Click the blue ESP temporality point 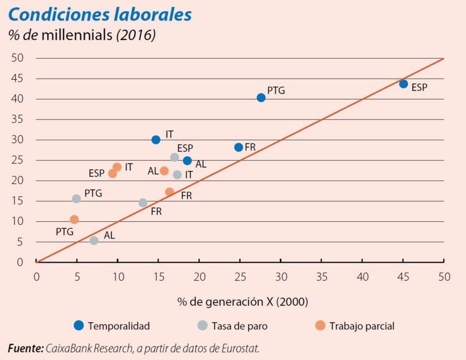[403, 84]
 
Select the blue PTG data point [261, 97]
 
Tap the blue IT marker [156, 140]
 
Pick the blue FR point [238, 147]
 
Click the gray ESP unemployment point [174, 157]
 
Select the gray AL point [94, 241]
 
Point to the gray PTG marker [76, 199]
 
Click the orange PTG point [74, 220]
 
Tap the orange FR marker [170, 192]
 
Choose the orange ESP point [112, 174]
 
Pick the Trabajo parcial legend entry [355, 326]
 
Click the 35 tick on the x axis [322, 277]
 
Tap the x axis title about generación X [243, 302]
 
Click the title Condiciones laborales [100, 15]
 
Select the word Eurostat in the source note [238, 349]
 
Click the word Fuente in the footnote [26, 349]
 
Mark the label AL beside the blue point [201, 165]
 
